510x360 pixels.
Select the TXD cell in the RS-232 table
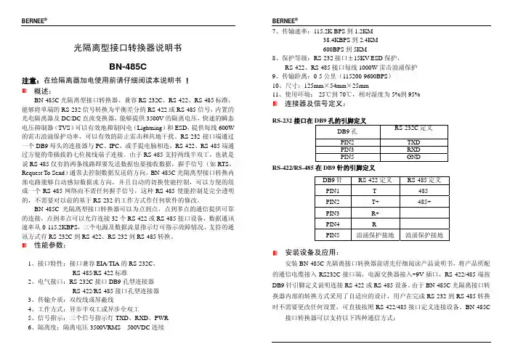(413, 142)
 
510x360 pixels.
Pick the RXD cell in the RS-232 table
(413, 149)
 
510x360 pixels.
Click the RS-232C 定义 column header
(413, 128)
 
